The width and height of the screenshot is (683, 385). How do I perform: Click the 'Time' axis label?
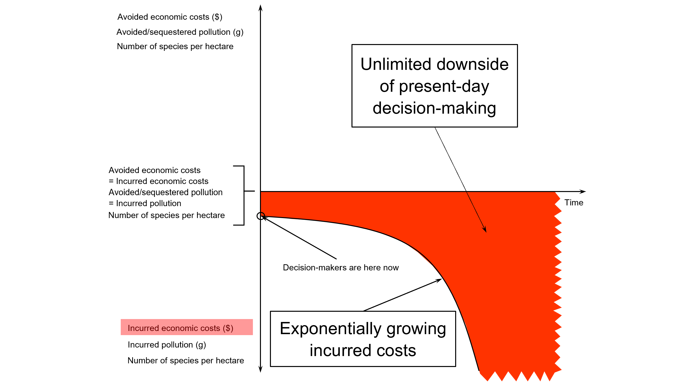tap(573, 202)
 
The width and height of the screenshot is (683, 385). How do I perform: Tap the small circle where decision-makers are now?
tap(261, 216)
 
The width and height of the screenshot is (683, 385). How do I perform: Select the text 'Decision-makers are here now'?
tap(341, 267)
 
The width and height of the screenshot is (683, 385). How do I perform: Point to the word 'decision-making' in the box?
tap(434, 108)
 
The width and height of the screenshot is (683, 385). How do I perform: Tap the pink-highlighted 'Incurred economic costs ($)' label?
tap(181, 328)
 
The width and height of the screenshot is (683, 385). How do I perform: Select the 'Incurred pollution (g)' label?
tap(167, 345)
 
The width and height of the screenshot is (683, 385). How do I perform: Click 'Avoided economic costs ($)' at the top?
tap(170, 17)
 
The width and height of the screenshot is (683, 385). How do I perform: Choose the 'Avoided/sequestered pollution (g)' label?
tap(180, 32)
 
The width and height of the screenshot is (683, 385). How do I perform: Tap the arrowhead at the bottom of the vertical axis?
tap(260, 370)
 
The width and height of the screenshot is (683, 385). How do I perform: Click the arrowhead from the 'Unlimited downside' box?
tap(485, 230)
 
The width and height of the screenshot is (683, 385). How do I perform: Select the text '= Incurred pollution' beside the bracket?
tap(145, 203)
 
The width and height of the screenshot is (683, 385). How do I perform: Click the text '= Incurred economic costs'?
tap(158, 181)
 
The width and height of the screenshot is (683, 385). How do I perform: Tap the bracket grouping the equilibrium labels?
tap(244, 195)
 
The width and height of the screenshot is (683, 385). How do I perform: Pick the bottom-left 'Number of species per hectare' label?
tap(185, 361)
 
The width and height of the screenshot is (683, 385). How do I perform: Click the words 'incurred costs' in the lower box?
tap(363, 350)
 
